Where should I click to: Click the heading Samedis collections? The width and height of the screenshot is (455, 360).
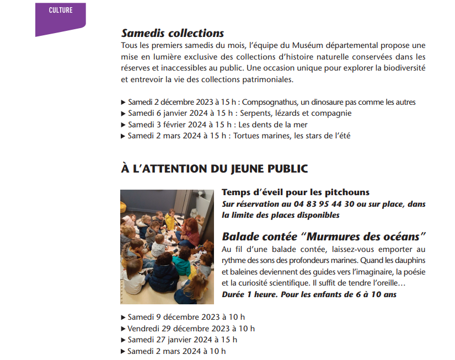[x=172, y=33]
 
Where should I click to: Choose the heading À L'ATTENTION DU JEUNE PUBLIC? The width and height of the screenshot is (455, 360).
[x=214, y=168]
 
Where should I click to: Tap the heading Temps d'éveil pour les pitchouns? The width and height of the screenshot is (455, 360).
[x=295, y=192]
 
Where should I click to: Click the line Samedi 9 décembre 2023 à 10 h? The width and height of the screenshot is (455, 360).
[x=186, y=317]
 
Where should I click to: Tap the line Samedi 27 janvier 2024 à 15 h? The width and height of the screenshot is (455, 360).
[x=182, y=340]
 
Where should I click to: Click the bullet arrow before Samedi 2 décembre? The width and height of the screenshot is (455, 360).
[x=124, y=102]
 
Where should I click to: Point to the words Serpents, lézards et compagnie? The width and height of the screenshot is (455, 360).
[x=299, y=113]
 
